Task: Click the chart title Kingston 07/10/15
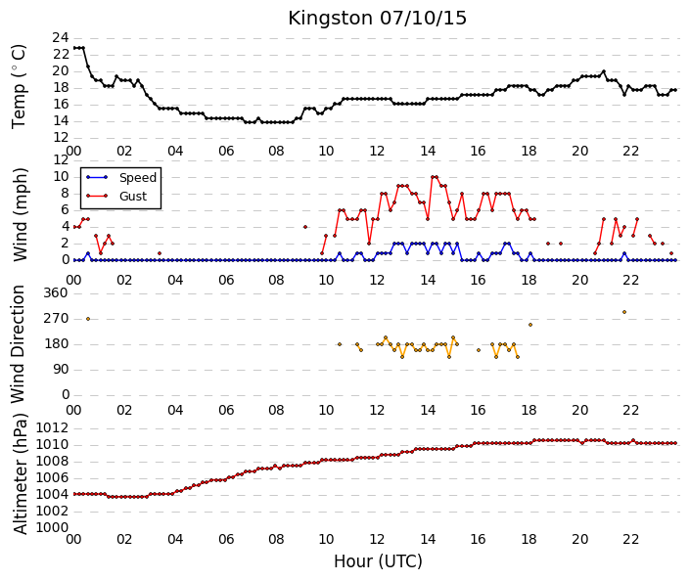click(377, 19)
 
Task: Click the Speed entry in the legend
click(138, 178)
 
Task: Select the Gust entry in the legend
click(133, 197)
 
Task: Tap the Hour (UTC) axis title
click(378, 561)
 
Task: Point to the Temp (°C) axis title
click(19, 87)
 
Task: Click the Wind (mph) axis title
click(20, 214)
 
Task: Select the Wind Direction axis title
click(18, 344)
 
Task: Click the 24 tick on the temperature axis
click(61, 38)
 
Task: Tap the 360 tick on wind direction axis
click(56, 292)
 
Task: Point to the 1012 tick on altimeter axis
click(52, 428)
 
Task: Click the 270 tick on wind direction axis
click(56, 319)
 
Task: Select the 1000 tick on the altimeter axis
click(52, 527)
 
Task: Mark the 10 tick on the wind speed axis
click(61, 177)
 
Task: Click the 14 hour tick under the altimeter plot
click(428, 539)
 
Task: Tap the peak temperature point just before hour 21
click(603, 71)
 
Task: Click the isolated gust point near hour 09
click(305, 227)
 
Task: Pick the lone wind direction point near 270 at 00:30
click(88, 319)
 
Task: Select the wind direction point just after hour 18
click(530, 325)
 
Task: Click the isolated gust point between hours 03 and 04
click(160, 253)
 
